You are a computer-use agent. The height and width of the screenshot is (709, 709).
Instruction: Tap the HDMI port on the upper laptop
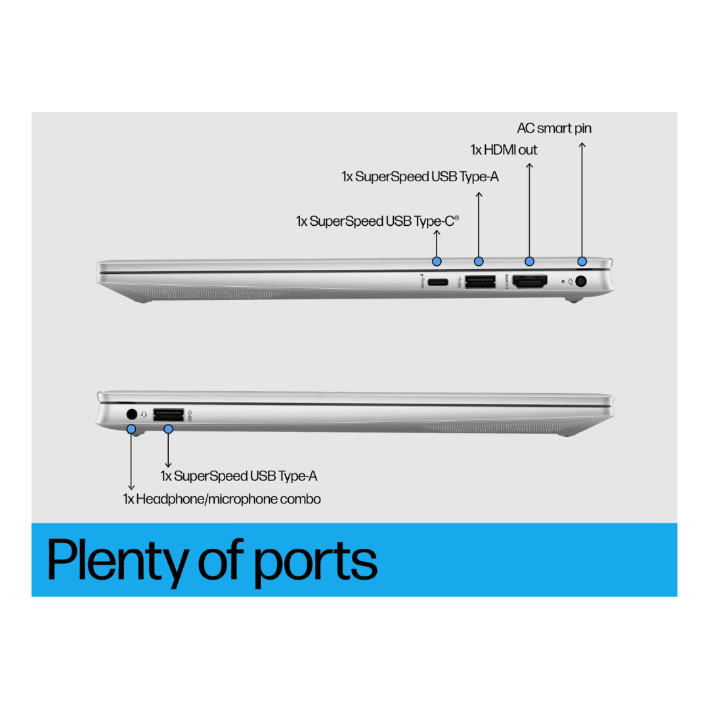529,282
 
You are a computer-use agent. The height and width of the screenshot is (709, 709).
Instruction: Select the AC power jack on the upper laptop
580,282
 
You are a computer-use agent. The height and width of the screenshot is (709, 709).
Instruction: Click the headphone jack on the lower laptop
131,414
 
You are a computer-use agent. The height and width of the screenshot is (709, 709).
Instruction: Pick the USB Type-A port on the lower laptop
168,414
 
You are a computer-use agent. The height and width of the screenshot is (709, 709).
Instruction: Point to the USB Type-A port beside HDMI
479,282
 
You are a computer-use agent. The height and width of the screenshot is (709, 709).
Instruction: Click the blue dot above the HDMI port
530,261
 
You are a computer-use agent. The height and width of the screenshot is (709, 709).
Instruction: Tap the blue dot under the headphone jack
131,429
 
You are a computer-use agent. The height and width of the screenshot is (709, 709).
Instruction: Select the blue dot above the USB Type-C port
437,261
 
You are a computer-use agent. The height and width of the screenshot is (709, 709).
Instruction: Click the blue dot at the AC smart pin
581,261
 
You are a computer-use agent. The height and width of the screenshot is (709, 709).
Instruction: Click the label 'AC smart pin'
554,128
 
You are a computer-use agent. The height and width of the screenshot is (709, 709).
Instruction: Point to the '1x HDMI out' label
504,150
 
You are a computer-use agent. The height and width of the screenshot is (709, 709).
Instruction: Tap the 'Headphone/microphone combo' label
222,499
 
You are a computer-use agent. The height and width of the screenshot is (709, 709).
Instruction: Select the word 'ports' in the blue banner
315,562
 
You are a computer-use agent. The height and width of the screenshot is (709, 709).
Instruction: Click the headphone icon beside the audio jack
144,415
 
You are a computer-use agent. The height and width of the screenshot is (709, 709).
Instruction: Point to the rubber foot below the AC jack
574,301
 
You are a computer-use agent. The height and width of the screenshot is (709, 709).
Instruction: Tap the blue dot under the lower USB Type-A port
168,429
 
